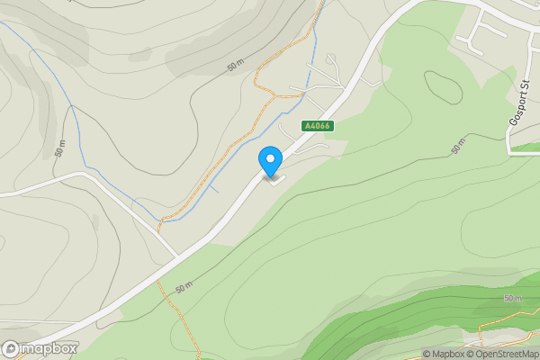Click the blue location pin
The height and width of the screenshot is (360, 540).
tap(270, 161)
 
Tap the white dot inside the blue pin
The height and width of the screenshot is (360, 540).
tap(270, 158)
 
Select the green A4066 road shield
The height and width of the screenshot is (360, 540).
tap(318, 127)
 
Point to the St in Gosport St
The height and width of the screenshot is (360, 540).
tap(523, 87)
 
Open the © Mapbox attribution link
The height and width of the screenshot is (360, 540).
tap(444, 354)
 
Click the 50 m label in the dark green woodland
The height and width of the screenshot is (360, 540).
tap(513, 298)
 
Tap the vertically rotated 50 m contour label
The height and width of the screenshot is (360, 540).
tap(60, 150)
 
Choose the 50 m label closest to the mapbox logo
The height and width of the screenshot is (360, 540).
tap(184, 288)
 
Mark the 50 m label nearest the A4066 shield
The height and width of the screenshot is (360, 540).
tap(237, 67)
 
